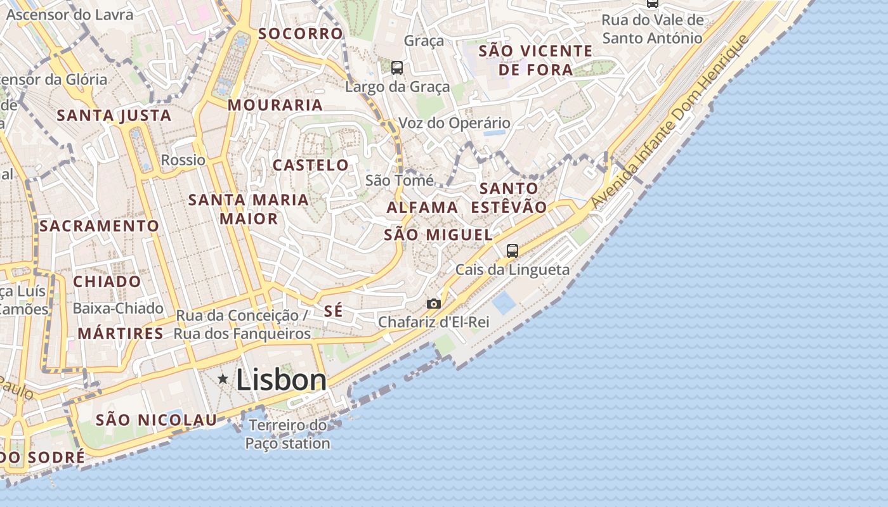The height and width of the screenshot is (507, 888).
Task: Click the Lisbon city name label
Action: pyautogui.click(x=281, y=380)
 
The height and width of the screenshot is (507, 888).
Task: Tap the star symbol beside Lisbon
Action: pyautogui.click(x=223, y=379)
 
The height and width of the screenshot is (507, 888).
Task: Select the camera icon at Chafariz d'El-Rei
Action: pyautogui.click(x=434, y=304)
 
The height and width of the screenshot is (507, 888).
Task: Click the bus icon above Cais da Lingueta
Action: pyautogui.click(x=513, y=251)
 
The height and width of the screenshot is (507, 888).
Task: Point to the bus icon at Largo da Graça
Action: pyautogui.click(x=397, y=67)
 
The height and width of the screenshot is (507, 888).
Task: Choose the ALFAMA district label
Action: pyautogui.click(x=422, y=207)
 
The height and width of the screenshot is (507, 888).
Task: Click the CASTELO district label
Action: pyautogui.click(x=311, y=165)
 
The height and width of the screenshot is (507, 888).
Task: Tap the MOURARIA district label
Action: pyautogui.click(x=275, y=105)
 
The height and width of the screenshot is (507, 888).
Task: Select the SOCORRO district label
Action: pyautogui.click(x=301, y=34)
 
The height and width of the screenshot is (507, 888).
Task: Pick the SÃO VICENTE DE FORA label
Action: pyautogui.click(x=536, y=60)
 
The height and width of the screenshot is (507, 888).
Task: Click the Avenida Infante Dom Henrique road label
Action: pyautogui.click(x=670, y=122)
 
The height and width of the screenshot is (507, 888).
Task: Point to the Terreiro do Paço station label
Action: pyautogui.click(x=288, y=434)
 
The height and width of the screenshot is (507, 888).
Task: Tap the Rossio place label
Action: pyautogui.click(x=183, y=160)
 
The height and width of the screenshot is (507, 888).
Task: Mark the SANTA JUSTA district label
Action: pyautogui.click(x=114, y=115)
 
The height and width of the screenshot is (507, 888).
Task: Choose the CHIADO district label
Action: pyautogui.click(x=107, y=281)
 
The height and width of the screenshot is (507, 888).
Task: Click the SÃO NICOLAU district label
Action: pyautogui.click(x=156, y=420)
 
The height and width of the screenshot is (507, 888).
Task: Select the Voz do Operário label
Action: pyautogui.click(x=454, y=123)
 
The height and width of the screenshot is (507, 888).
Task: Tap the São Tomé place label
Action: pyautogui.click(x=400, y=181)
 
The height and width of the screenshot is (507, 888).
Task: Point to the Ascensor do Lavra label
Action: pyautogui.click(x=70, y=15)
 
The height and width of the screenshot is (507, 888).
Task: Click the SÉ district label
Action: pyautogui.click(x=333, y=311)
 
